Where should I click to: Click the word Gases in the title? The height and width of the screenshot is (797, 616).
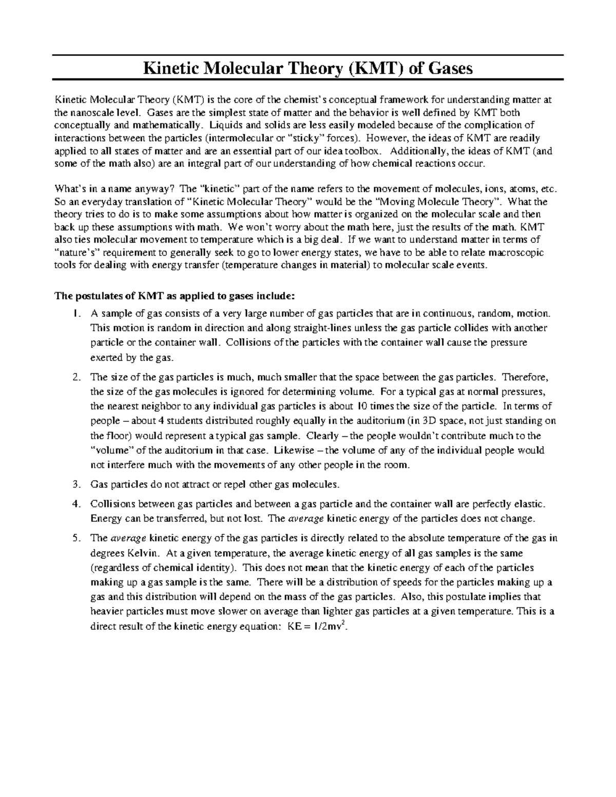[448, 68]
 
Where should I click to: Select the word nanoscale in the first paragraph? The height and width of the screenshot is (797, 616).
[89, 112]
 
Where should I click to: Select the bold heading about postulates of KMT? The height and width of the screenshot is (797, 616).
[175, 296]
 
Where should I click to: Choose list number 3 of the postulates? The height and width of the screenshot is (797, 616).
[76, 484]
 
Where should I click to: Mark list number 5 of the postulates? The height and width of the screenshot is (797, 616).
[76, 538]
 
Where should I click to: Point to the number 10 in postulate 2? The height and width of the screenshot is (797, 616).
[348, 406]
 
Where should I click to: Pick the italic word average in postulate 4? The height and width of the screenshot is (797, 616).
[306, 518]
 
